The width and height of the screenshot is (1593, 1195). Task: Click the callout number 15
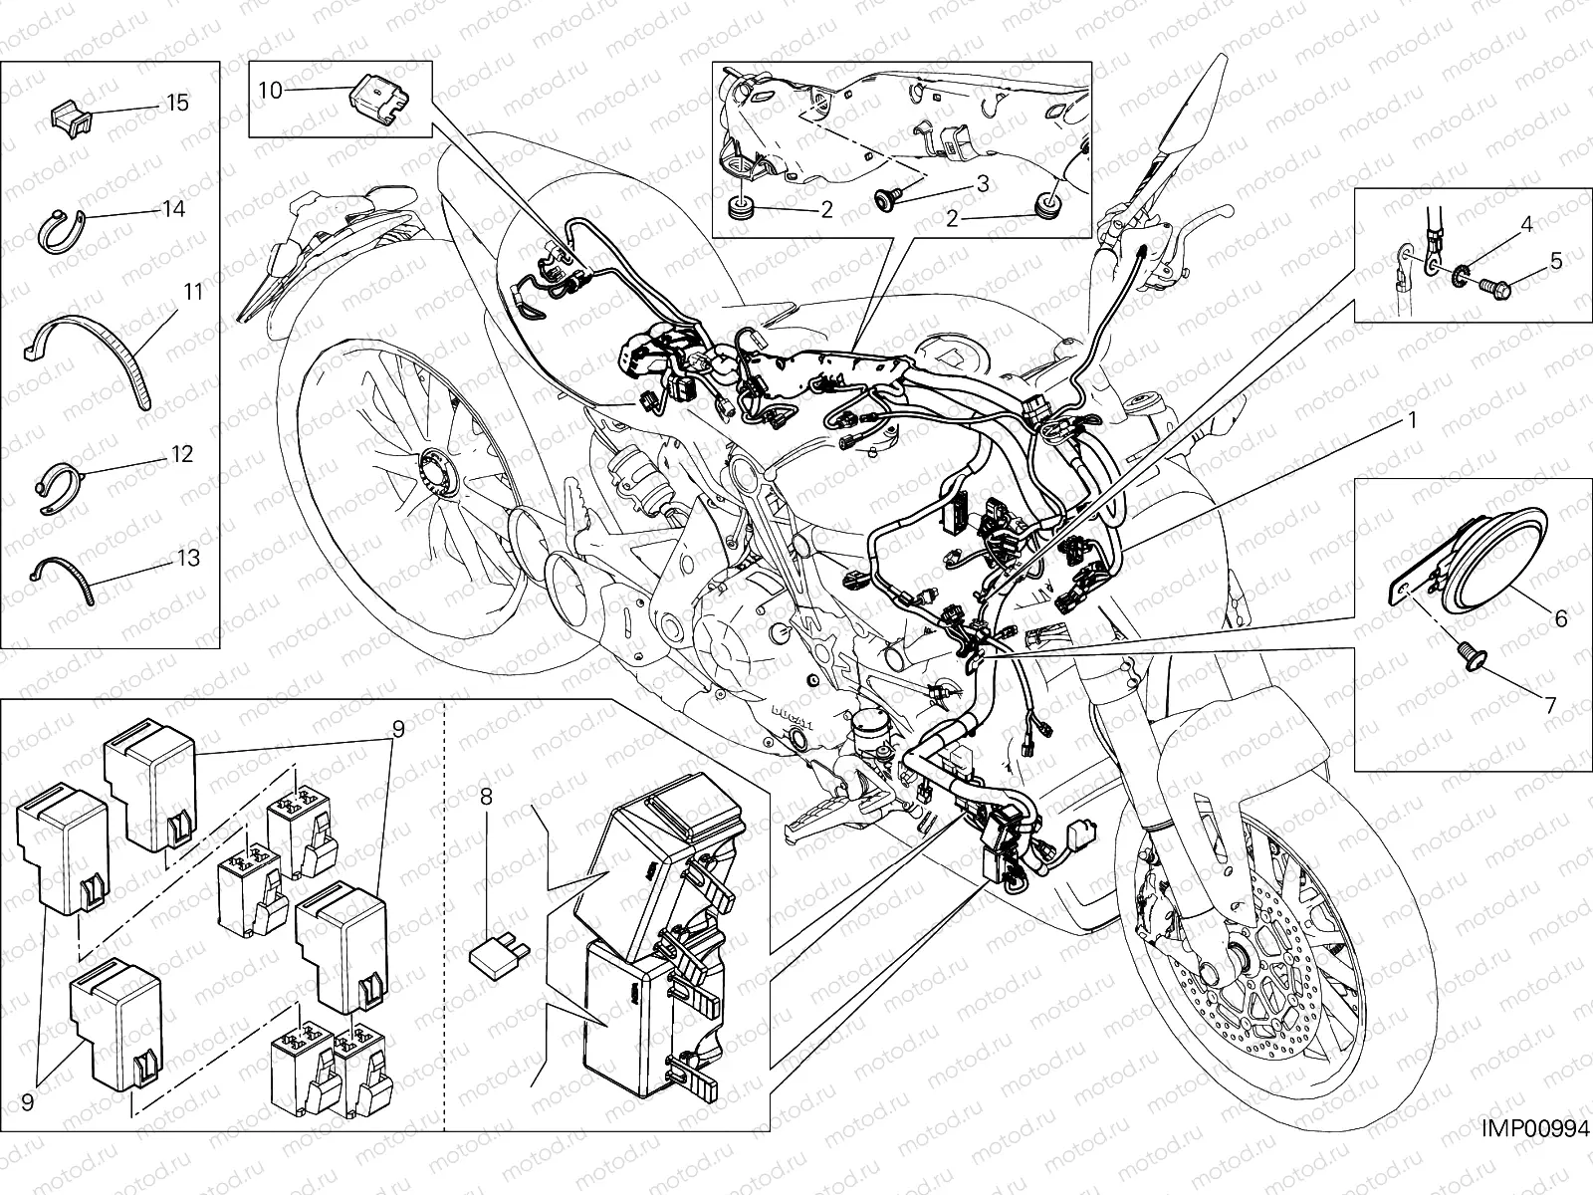tap(177, 103)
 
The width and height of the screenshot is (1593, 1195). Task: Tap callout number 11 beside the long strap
tap(192, 292)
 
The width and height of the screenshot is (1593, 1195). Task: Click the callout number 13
tap(187, 558)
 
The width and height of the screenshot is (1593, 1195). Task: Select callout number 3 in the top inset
tap(982, 183)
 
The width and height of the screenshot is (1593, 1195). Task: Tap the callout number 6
tap(1560, 618)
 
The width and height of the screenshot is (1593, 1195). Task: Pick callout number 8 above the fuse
tap(486, 796)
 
